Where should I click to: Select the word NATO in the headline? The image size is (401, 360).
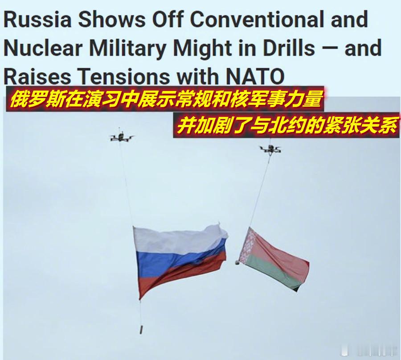[x=255, y=76]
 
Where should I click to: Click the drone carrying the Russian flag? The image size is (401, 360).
[x=121, y=137]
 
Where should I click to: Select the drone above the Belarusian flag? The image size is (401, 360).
[x=270, y=149]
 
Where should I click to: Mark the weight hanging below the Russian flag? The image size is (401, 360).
[x=141, y=329]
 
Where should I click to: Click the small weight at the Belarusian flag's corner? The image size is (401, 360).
[x=237, y=262]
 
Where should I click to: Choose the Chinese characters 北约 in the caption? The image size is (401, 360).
[x=284, y=125]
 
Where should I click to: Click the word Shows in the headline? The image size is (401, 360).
[x=112, y=20]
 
